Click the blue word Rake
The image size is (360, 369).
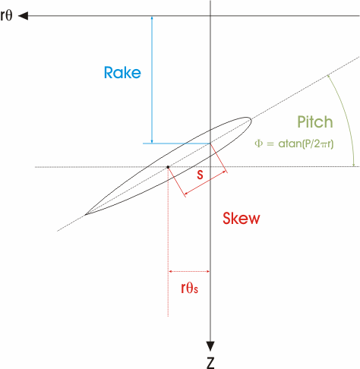(122, 73)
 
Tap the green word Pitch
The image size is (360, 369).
(315, 121)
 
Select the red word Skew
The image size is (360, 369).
(242, 218)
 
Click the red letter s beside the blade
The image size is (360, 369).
(200, 175)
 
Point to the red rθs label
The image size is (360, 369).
(189, 288)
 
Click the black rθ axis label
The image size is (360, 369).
(6, 15)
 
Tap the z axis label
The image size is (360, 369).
(210, 362)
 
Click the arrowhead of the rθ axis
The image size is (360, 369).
(24, 16)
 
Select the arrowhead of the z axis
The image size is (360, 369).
(210, 346)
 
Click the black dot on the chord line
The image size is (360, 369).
(168, 167)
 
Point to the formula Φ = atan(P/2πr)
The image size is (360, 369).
(294, 143)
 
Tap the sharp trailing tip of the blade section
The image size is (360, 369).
(86, 214)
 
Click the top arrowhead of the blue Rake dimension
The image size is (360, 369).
(152, 18)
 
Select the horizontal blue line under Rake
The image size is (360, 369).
(176, 143)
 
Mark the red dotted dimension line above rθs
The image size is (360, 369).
(189, 271)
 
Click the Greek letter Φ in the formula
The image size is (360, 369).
(258, 143)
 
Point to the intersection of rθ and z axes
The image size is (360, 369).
(210, 16)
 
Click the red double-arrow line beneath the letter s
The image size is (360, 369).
(206, 183)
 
